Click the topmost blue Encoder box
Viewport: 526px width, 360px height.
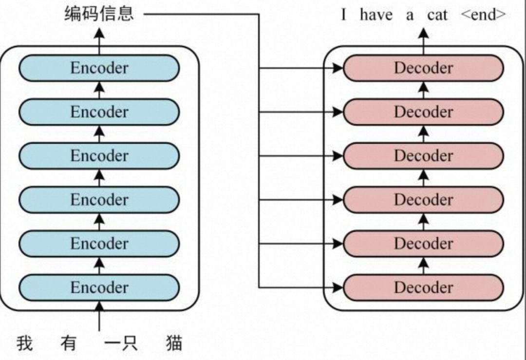coord(99,68)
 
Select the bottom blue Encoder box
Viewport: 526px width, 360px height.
coord(99,287)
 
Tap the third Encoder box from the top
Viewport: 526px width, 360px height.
coord(99,156)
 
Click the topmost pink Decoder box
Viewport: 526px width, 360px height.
coord(423,68)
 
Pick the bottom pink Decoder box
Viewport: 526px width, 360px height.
coord(423,287)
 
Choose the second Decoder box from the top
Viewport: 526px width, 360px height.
coord(423,112)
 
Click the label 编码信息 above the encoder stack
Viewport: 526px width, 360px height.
coord(99,14)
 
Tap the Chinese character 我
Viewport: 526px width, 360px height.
coord(24,343)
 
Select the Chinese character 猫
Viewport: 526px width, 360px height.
coord(174,343)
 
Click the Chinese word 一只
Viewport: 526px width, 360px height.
coord(121,343)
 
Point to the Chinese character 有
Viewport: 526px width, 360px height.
coord(68,343)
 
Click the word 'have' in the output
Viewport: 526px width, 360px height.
coord(376,15)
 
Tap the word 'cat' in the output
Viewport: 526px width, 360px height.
coord(437,15)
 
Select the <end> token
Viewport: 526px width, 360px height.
coord(483,15)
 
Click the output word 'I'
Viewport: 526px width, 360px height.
coord(344,15)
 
